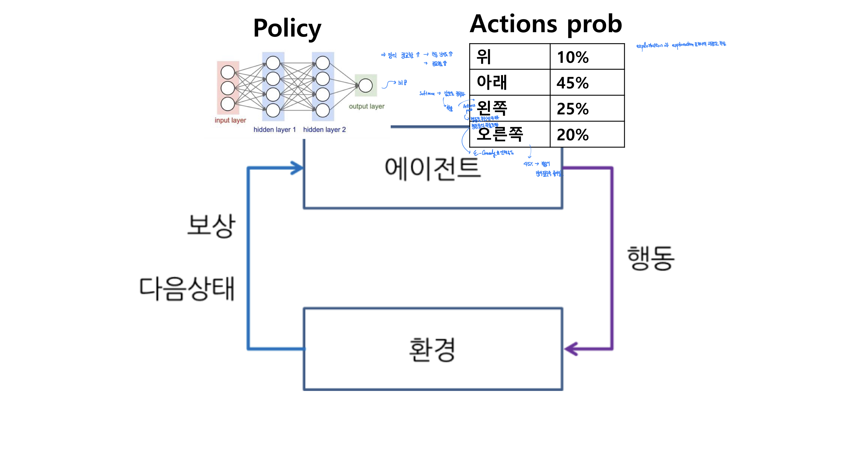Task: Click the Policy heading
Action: (x=287, y=29)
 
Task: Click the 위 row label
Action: (x=484, y=57)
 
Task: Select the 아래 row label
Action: (x=492, y=83)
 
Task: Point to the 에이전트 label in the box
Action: (x=432, y=169)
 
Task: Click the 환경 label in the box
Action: (x=432, y=350)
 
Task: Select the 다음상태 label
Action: (x=187, y=288)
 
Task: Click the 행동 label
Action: (x=651, y=258)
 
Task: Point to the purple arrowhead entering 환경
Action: (x=571, y=349)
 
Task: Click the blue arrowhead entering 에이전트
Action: (x=297, y=168)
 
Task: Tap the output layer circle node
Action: (x=365, y=86)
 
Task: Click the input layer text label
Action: (x=230, y=120)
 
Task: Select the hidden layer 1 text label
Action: (x=274, y=130)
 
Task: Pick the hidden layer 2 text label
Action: (x=324, y=130)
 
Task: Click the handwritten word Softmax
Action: (x=427, y=93)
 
